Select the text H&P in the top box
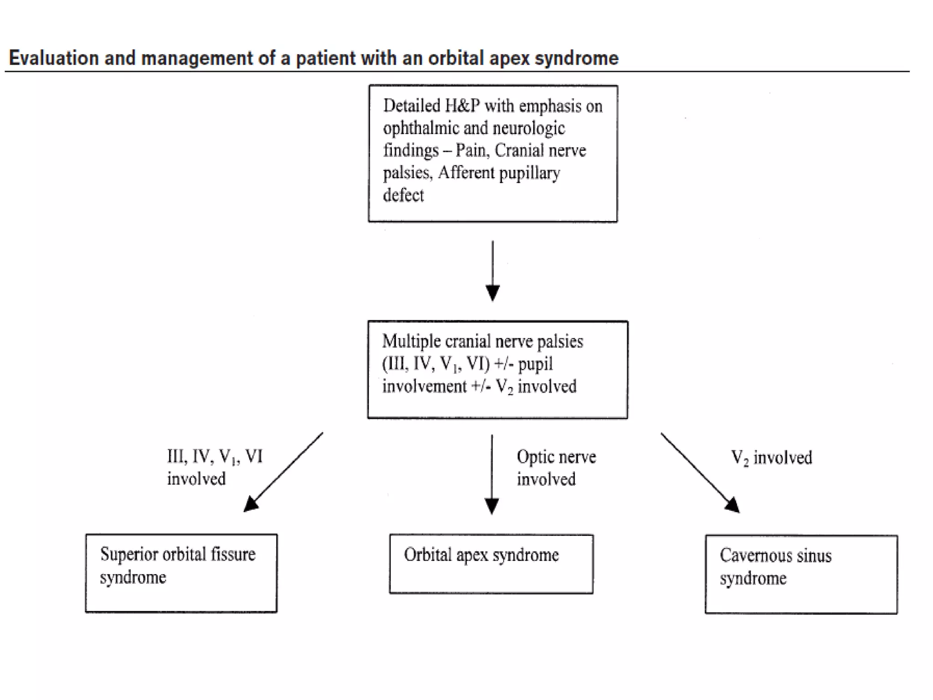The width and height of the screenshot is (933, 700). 462,106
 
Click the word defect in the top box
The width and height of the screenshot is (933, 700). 403,195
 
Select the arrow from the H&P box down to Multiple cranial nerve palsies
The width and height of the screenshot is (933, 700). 492,271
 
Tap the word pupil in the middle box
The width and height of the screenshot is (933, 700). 535,364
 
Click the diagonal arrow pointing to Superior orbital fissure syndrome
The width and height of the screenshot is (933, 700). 283,472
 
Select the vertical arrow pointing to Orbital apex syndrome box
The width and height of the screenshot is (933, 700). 492,474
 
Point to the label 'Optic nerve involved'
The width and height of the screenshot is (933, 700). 556,468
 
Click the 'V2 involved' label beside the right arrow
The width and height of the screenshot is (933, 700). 771,458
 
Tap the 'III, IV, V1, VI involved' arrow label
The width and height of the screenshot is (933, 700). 215,468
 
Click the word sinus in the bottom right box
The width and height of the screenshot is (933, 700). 814,556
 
